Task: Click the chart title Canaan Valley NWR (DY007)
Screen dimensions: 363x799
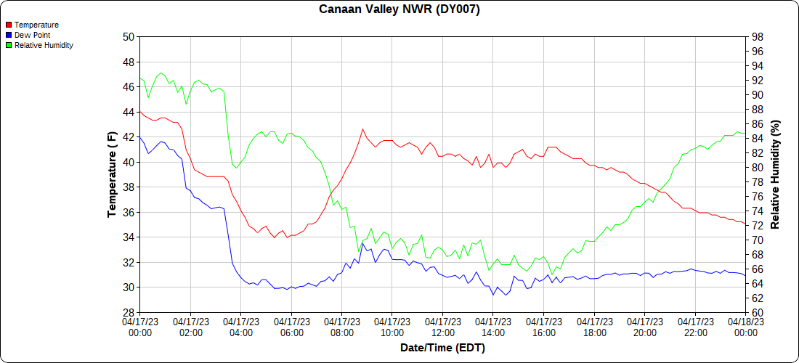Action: [x=399, y=9]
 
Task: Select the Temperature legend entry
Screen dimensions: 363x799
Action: [x=36, y=25]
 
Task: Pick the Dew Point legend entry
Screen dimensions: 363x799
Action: [x=33, y=35]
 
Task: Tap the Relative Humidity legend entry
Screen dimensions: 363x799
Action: [x=44, y=45]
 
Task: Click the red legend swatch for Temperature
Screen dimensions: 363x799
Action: [x=8, y=25]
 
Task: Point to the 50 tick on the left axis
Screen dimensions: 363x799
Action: [x=129, y=37]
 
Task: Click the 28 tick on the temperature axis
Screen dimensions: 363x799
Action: [x=129, y=313]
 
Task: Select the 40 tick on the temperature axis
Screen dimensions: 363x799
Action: [x=129, y=163]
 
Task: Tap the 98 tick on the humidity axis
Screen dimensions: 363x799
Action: [x=757, y=37]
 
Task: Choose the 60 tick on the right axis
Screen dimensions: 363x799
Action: [x=757, y=313]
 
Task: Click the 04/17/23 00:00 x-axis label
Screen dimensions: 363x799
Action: [x=140, y=327]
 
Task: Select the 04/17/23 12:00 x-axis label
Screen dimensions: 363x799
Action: [x=442, y=327]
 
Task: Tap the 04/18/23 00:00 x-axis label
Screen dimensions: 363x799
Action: [x=745, y=327]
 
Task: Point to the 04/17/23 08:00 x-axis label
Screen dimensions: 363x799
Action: [x=341, y=327]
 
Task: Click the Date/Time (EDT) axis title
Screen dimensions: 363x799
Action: [x=442, y=348]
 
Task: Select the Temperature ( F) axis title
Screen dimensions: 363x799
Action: [x=112, y=174]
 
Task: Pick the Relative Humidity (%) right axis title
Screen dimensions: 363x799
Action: [x=776, y=174]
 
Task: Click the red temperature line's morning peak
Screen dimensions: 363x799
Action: [x=362, y=129]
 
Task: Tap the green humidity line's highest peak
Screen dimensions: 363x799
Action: [x=161, y=73]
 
